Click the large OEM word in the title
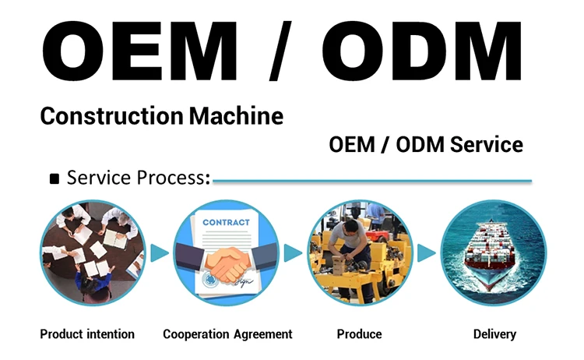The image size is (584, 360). (139, 51)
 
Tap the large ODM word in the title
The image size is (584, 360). (421, 51)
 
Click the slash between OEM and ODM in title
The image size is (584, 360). (280, 51)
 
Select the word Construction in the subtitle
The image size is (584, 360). (111, 116)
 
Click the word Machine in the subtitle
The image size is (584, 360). (236, 116)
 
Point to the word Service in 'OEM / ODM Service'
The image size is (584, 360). (487, 145)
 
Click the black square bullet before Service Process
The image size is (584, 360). (55, 179)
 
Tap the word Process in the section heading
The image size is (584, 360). (173, 178)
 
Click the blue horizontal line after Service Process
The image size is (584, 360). (372, 182)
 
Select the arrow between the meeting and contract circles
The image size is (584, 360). (160, 253)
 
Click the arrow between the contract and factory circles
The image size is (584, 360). (293, 253)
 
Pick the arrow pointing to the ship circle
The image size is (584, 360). (426, 253)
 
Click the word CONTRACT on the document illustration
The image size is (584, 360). (226, 223)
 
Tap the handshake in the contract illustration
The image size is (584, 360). (227, 263)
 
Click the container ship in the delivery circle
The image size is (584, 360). (489, 253)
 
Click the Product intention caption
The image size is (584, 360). (87, 334)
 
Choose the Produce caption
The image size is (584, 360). (360, 334)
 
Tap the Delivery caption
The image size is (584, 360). (494, 334)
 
